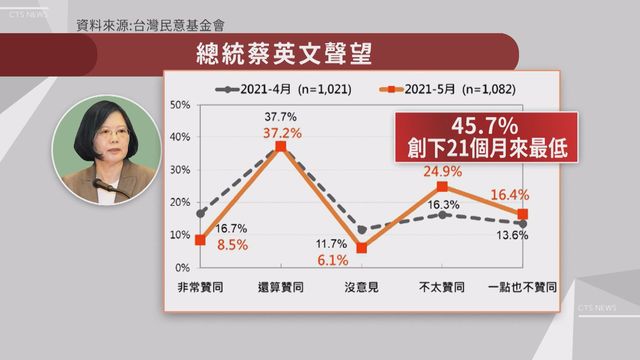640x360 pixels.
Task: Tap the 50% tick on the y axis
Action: coord(181,105)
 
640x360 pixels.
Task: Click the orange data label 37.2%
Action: coord(280,132)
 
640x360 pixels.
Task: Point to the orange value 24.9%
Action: coord(440,171)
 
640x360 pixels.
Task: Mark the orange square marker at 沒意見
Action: coord(361,248)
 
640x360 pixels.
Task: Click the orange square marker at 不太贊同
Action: coord(441,187)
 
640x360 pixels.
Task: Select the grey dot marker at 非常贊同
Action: coord(201,213)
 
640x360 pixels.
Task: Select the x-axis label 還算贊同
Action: coord(280,287)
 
